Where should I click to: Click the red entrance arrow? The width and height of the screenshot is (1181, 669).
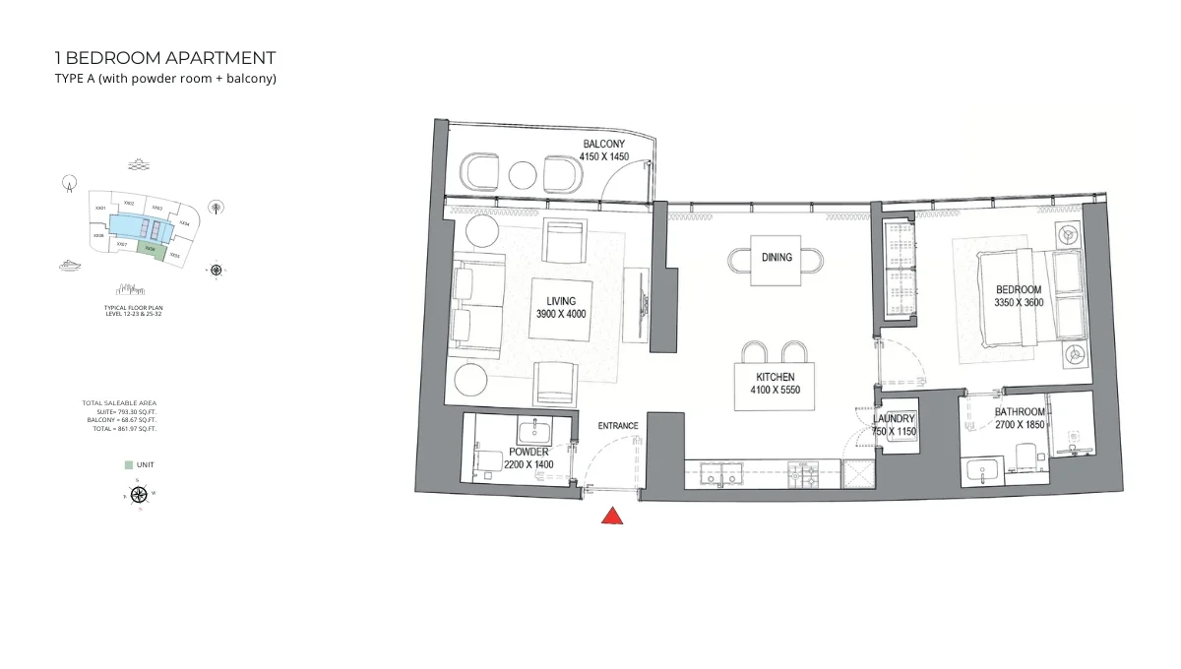point(612,516)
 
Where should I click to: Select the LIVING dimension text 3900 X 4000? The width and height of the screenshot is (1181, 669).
point(561,314)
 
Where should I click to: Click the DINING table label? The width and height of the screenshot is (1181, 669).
point(777,258)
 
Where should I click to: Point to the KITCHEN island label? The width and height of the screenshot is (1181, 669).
point(776,377)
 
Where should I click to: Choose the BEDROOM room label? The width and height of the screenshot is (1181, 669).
point(1019,289)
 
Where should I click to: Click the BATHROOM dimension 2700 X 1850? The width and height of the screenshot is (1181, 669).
point(1020,425)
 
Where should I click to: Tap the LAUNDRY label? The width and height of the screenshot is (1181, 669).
point(894,419)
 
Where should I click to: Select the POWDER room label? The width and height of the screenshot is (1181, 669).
point(528,453)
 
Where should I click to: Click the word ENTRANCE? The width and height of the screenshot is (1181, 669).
point(618,426)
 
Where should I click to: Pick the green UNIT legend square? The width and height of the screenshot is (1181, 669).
point(128,464)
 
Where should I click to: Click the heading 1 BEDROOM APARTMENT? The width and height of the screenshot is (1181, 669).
point(165,58)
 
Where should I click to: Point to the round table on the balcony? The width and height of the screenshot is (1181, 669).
point(523,175)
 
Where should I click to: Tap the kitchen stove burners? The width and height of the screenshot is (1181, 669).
point(806,475)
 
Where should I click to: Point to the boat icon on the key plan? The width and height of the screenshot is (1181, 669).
point(71,265)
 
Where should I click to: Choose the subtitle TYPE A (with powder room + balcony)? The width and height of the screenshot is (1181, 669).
point(165,79)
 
